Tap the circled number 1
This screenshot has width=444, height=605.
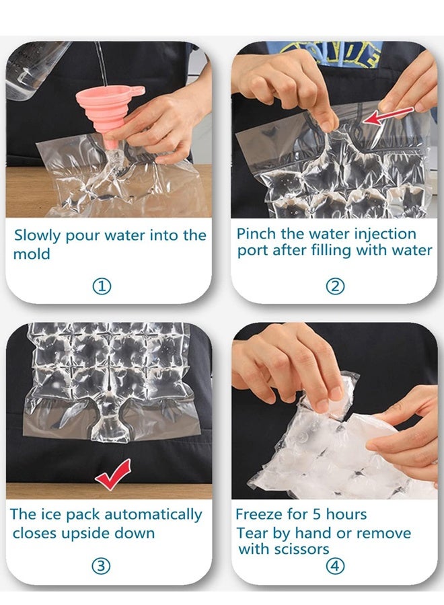tap(101, 287)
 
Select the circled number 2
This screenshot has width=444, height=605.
tap(335, 286)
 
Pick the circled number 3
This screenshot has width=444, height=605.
tap(101, 566)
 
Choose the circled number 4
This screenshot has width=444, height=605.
tap(334, 567)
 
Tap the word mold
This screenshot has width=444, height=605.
tap(32, 255)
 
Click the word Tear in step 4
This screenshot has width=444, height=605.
tap(250, 533)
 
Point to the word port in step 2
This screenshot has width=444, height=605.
tap(253, 251)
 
